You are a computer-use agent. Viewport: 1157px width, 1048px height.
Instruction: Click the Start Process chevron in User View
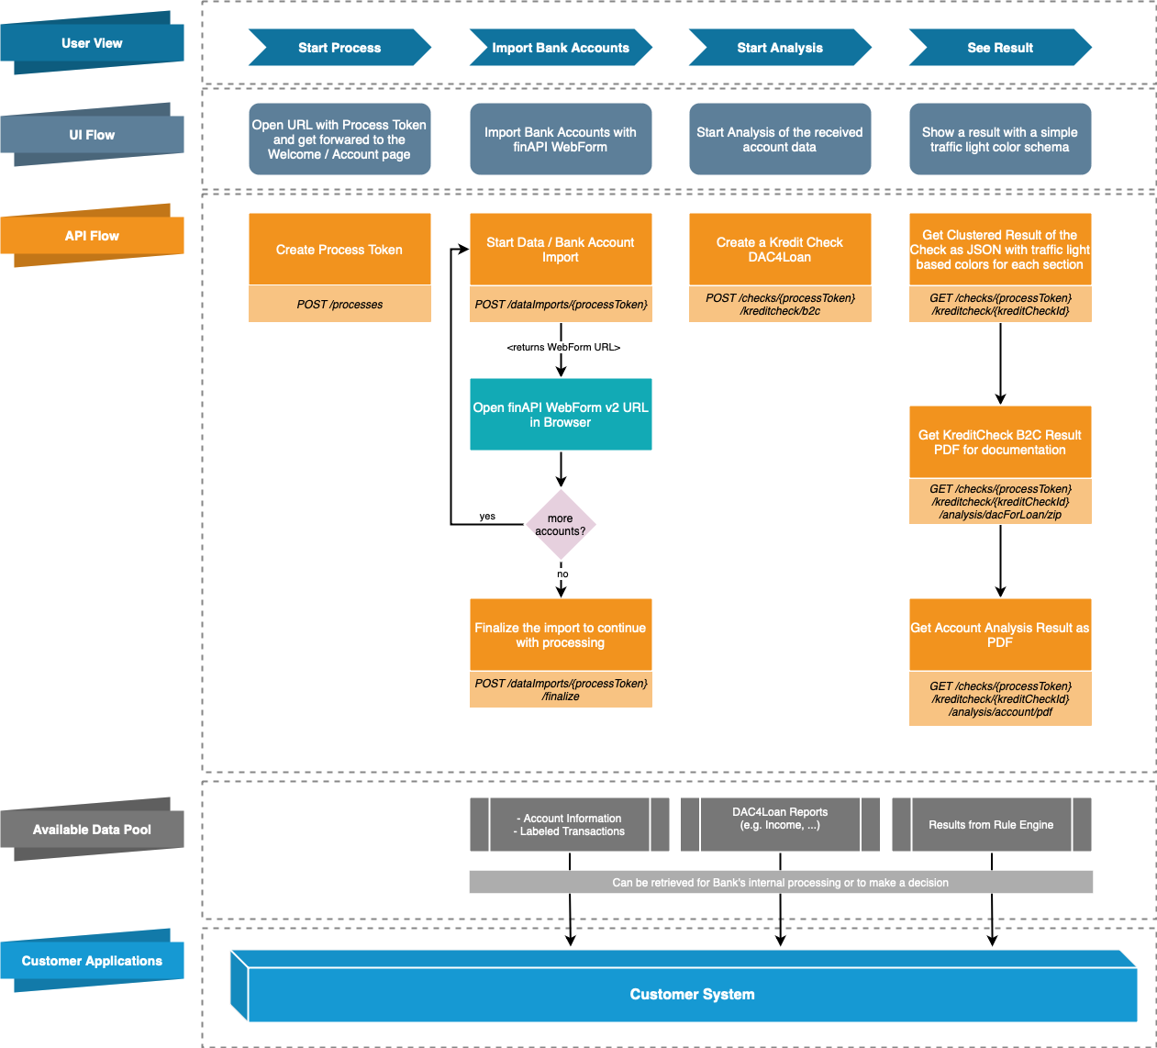(x=339, y=48)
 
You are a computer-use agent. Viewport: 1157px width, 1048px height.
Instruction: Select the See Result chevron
(x=1000, y=48)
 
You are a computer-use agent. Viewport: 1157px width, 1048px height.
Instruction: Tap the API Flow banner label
(x=92, y=236)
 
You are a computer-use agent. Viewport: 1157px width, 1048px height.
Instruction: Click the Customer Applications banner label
(x=92, y=961)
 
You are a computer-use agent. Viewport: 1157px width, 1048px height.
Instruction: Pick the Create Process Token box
(x=339, y=250)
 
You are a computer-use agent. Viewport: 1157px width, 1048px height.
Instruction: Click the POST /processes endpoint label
(x=339, y=305)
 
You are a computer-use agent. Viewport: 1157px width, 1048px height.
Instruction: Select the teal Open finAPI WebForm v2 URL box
(x=561, y=415)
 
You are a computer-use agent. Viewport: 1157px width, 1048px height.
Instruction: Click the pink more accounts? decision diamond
(x=561, y=525)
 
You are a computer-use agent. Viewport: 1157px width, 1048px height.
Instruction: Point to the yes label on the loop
(x=487, y=517)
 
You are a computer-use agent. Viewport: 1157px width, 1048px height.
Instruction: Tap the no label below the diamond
(x=562, y=574)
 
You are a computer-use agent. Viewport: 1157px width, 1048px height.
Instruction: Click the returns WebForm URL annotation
(x=563, y=348)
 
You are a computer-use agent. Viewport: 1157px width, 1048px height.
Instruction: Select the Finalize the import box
(x=561, y=635)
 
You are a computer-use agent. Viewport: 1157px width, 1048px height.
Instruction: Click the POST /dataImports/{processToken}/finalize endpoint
(x=561, y=690)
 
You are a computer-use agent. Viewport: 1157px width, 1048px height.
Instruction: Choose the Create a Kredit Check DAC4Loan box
(x=780, y=250)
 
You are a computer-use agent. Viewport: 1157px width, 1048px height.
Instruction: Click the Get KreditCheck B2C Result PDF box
(x=1000, y=442)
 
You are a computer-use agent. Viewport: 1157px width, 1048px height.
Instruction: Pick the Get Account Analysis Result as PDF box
(x=1000, y=635)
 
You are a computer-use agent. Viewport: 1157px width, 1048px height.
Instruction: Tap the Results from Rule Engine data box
(x=991, y=825)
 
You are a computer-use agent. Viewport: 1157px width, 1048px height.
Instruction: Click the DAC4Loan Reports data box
(x=780, y=819)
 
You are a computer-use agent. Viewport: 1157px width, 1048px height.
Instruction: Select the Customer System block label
(x=692, y=995)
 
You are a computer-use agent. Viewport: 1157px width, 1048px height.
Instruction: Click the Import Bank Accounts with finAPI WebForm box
(x=561, y=139)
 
